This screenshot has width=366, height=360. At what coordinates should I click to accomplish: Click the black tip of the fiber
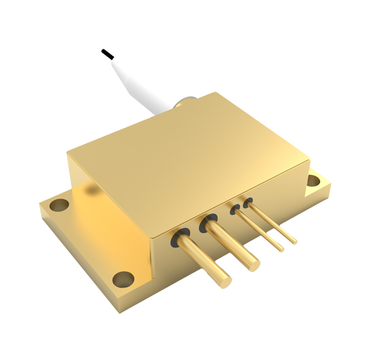click(x=106, y=52)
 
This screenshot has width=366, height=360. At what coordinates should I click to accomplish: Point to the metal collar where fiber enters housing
click(x=182, y=102)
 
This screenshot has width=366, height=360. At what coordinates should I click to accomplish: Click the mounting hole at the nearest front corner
click(x=123, y=277)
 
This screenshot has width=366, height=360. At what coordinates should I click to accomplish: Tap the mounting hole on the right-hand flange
click(x=313, y=181)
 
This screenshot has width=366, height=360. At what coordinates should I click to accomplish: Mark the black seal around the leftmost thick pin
click(x=182, y=237)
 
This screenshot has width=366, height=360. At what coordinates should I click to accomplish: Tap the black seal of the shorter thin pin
click(x=235, y=209)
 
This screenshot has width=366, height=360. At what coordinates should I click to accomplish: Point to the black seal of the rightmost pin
click(x=248, y=201)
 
